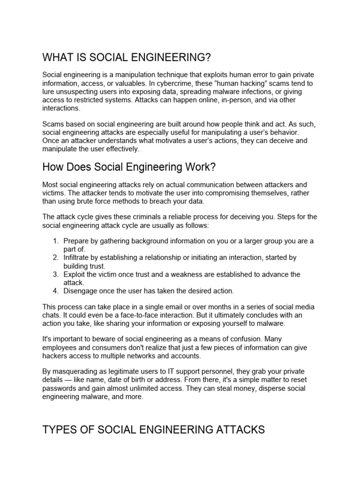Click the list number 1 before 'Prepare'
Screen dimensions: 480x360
tap(55, 241)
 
